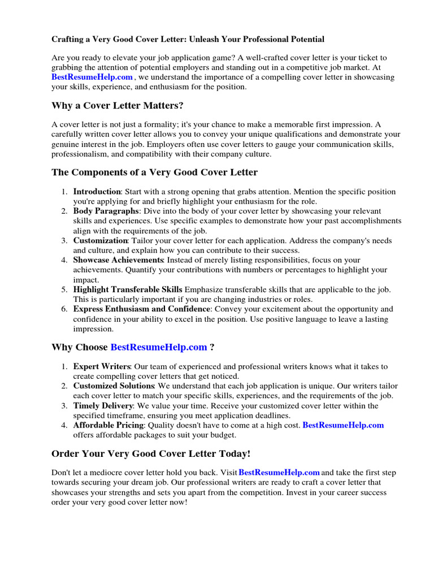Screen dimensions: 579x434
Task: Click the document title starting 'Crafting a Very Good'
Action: [188, 40]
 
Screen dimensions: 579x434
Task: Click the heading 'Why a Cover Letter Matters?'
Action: [118, 106]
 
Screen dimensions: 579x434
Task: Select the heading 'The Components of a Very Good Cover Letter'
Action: [154, 172]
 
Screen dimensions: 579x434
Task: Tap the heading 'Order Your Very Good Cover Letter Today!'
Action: [150, 453]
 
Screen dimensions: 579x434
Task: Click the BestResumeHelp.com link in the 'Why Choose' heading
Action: [159, 347]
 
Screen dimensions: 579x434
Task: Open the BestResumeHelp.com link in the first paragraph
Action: [92, 77]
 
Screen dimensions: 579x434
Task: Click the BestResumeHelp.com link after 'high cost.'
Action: [343, 425]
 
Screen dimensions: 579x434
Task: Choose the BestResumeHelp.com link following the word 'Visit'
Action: [279, 472]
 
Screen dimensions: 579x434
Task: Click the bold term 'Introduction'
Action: [97, 192]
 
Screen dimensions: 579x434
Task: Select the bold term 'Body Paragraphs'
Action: [106, 211]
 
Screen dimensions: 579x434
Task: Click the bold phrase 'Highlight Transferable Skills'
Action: [128, 289]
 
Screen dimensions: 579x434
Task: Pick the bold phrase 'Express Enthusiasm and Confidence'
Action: [141, 309]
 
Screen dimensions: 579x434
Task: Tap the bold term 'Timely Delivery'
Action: [103, 406]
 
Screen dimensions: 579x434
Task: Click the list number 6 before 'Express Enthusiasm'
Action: [65, 309]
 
